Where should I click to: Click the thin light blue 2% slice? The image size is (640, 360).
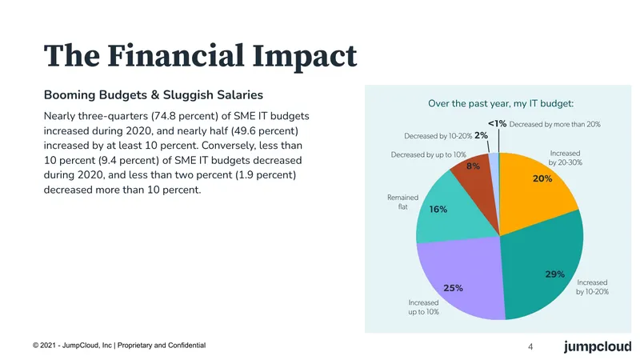pos(494,163)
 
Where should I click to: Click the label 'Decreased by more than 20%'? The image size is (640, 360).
pos(554,124)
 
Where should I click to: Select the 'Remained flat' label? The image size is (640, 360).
pos(403,202)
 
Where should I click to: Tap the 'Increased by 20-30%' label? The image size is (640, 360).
pos(566,158)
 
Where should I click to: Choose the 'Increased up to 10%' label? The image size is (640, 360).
pos(424,307)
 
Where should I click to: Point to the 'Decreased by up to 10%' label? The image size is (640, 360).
pos(429,154)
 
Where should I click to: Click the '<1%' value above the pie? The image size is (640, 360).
pos(497,124)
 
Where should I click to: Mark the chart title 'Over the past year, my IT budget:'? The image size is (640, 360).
pos(501,104)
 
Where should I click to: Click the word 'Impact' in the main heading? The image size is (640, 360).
pos(305,56)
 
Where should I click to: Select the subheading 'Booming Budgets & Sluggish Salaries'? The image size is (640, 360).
pos(154,95)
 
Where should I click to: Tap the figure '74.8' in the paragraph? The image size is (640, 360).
pos(165,116)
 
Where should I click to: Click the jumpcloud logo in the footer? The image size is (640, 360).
pos(598,346)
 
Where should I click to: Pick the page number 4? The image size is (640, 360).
pos(530,347)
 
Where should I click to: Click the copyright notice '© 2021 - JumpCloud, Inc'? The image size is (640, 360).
pos(72,346)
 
